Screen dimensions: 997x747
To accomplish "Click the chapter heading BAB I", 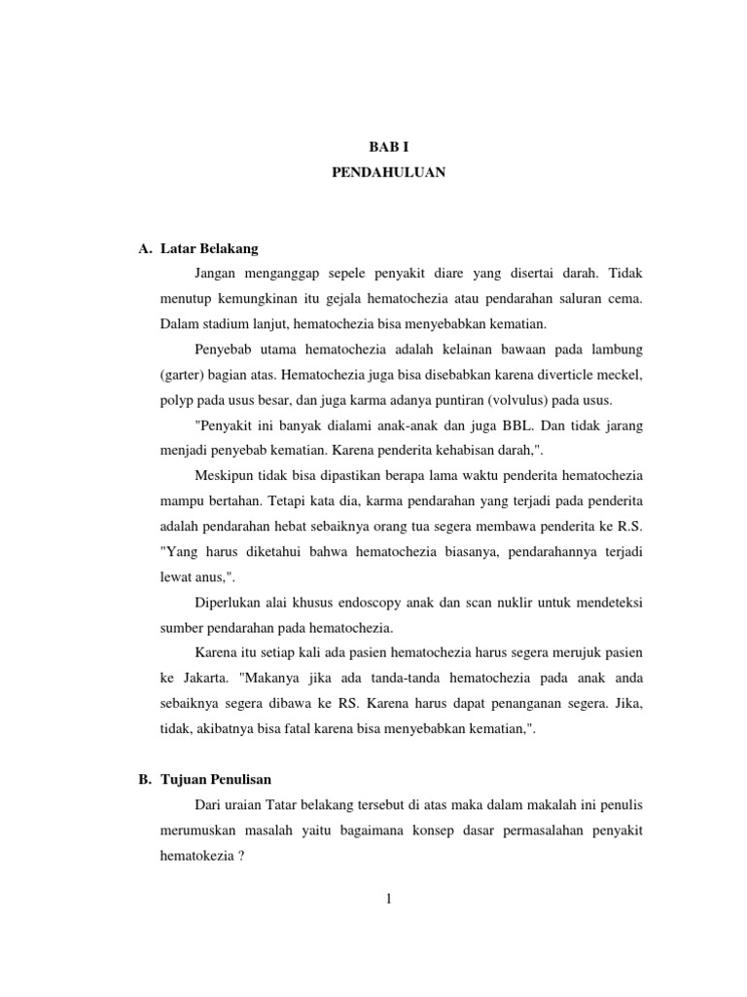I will (x=386, y=146).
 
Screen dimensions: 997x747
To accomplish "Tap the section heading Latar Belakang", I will (x=209, y=249).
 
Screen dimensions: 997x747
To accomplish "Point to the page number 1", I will (x=387, y=899).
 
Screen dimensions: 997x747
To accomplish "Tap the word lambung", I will (x=614, y=350).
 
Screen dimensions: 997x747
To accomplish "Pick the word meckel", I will (x=621, y=375).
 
